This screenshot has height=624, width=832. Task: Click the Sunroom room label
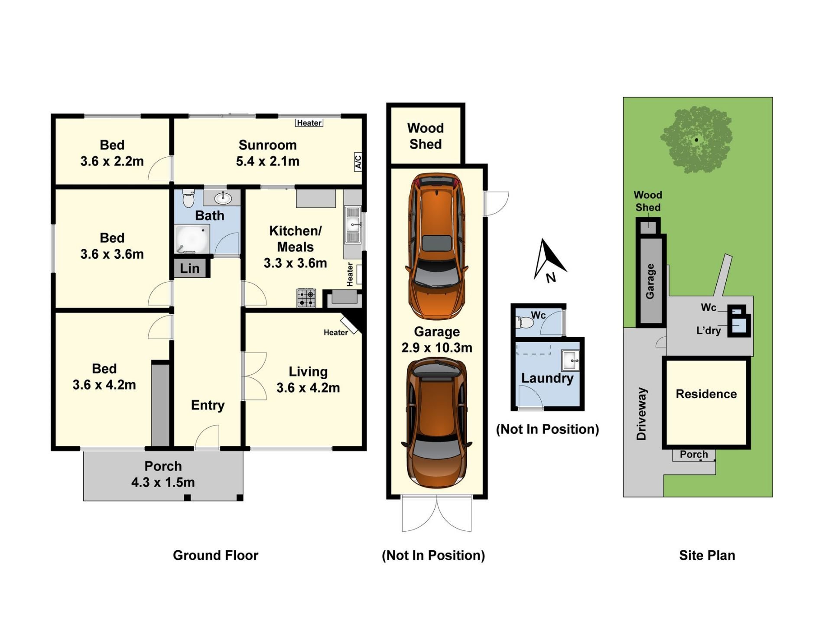point(268,145)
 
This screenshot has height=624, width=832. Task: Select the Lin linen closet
point(190,268)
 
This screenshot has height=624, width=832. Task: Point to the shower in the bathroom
point(192,239)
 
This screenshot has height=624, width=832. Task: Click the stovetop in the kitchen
point(306,298)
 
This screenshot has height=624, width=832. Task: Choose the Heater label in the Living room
point(336,332)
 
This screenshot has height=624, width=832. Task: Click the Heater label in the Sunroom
point(309,123)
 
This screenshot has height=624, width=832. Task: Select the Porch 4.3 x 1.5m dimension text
point(163,482)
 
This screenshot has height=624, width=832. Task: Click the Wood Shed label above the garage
point(426,136)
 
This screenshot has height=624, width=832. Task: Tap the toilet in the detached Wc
point(525,322)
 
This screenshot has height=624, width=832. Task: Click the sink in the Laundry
point(570,360)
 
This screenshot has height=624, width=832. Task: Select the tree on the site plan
point(696,140)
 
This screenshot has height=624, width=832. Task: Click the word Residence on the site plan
point(706,394)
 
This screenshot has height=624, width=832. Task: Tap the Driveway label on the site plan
point(642,414)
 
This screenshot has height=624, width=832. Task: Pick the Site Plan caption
point(707,556)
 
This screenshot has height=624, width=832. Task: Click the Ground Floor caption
point(215,556)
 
